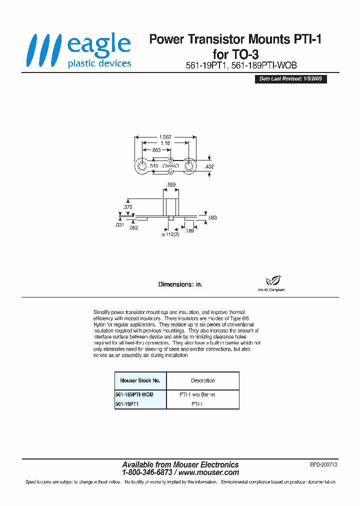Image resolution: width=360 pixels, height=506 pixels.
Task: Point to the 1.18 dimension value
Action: pyautogui.click(x=165, y=143)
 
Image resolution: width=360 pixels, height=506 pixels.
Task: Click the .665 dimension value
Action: pyautogui.click(x=156, y=149)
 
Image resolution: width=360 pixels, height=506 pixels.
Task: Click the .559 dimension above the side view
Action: pyautogui.click(x=171, y=185)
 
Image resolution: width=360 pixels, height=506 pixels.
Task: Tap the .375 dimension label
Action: pyautogui.click(x=127, y=207)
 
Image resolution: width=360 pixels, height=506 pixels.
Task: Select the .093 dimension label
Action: pyautogui.click(x=212, y=217)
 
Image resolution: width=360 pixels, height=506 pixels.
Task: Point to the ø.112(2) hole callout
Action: pyautogui.click(x=170, y=233)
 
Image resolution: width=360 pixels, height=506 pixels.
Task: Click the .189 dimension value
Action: pyautogui.click(x=189, y=230)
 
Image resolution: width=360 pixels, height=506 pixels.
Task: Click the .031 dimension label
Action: pyautogui.click(x=119, y=225)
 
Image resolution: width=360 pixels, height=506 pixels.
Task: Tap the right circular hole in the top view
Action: pyautogui.click(x=189, y=166)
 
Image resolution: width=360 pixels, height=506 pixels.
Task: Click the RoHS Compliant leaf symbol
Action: pyautogui.click(x=272, y=281)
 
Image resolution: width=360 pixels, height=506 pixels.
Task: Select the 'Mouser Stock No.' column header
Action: pyautogui.click(x=140, y=380)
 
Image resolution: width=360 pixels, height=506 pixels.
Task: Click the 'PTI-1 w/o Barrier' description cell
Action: pyautogui.click(x=197, y=394)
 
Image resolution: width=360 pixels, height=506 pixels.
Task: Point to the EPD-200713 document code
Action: pyautogui.click(x=323, y=464)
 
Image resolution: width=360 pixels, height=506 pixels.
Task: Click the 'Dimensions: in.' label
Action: pyautogui.click(x=180, y=284)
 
